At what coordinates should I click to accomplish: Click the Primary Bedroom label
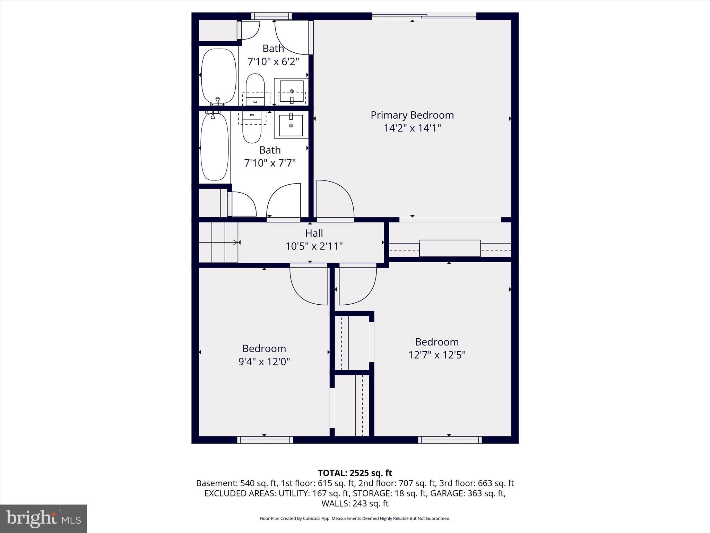click(412, 115)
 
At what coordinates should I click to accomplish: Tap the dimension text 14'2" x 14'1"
click(412, 128)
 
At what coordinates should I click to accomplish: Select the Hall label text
click(314, 233)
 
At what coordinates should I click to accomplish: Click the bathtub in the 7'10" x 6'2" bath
click(218, 76)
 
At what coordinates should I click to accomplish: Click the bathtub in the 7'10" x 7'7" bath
click(215, 147)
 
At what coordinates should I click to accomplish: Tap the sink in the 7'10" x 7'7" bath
click(291, 125)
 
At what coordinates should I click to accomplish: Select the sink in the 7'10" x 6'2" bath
click(292, 91)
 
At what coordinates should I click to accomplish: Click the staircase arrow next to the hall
click(235, 243)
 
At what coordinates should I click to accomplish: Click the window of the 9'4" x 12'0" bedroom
click(265, 440)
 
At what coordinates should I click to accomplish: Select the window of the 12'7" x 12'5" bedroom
click(450, 440)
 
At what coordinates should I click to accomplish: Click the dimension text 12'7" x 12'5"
click(436, 355)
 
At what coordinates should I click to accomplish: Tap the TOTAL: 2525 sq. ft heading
click(355, 473)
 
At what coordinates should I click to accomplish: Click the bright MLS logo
click(43, 519)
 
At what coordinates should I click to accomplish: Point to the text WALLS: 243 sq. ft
click(355, 504)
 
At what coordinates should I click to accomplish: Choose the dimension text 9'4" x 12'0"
click(264, 362)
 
